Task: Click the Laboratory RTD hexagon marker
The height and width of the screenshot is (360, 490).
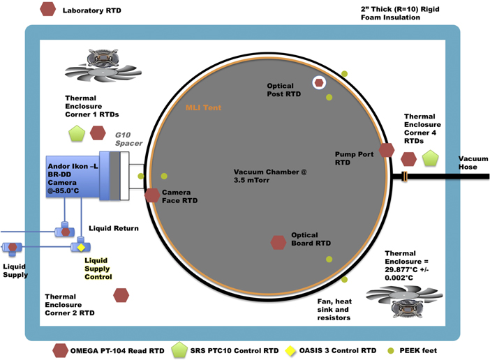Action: (48, 10)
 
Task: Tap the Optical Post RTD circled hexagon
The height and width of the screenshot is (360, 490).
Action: (319, 83)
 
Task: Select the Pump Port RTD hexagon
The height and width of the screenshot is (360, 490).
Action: (386, 150)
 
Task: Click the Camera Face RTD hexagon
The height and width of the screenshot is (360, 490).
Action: (151, 195)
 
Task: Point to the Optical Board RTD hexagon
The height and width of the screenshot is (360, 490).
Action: (279, 242)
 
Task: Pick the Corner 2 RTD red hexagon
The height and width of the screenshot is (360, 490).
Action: (121, 296)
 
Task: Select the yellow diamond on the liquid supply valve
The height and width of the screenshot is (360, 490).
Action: (80, 248)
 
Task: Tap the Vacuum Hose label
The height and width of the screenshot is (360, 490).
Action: (473, 163)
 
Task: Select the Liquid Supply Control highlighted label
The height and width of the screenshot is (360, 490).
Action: (98, 268)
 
